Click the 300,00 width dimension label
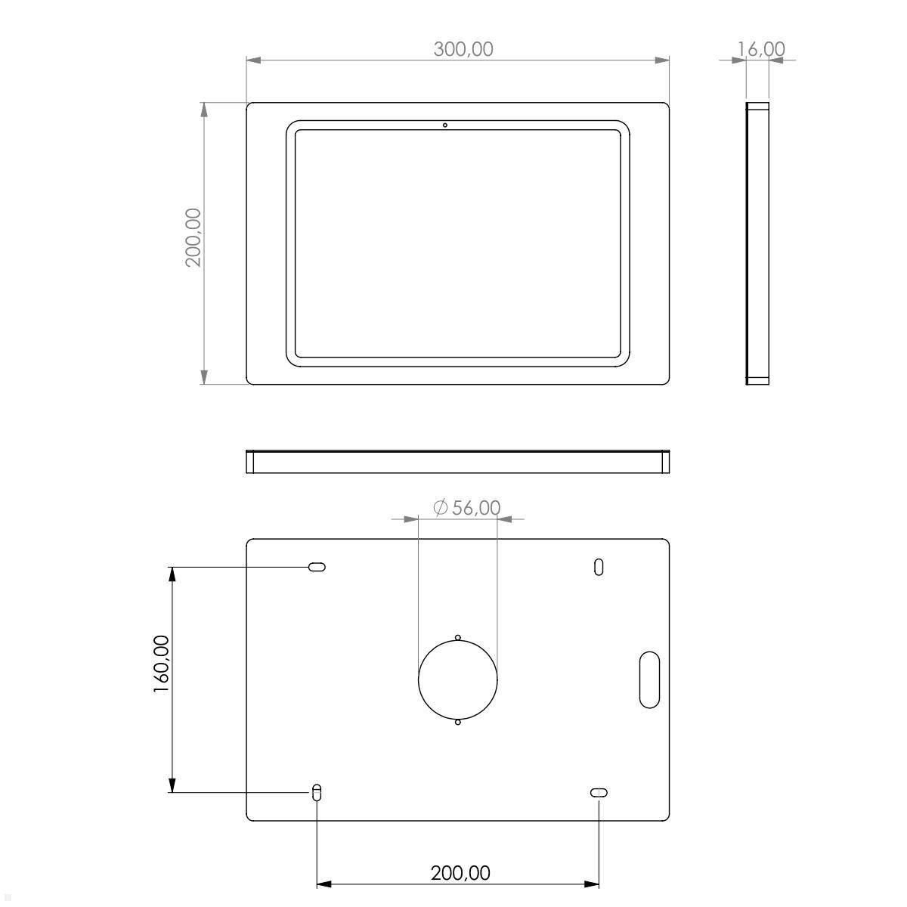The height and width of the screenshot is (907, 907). [x=463, y=49]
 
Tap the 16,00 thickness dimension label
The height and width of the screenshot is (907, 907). [x=761, y=49]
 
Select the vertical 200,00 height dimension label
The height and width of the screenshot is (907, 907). [x=193, y=237]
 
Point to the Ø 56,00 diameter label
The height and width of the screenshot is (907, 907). [x=466, y=508]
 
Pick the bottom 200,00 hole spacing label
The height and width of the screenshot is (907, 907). [x=460, y=873]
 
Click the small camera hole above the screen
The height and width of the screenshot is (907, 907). [x=445, y=125]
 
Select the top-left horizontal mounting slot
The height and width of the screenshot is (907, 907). [x=317, y=567]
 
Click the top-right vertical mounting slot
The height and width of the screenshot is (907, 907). [x=599, y=567]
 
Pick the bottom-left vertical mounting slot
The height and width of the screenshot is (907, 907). [x=317, y=792]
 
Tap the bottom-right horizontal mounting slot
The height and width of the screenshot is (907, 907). [x=599, y=792]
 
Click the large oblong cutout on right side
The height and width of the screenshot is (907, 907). [x=649, y=679]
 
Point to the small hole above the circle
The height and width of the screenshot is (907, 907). [x=457, y=637]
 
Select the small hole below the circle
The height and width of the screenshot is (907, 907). [x=457, y=722]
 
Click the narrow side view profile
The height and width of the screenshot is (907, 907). [x=757, y=243]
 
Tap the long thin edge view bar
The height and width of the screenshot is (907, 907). [x=458, y=462]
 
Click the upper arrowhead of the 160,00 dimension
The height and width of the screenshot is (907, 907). [x=172, y=574]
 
